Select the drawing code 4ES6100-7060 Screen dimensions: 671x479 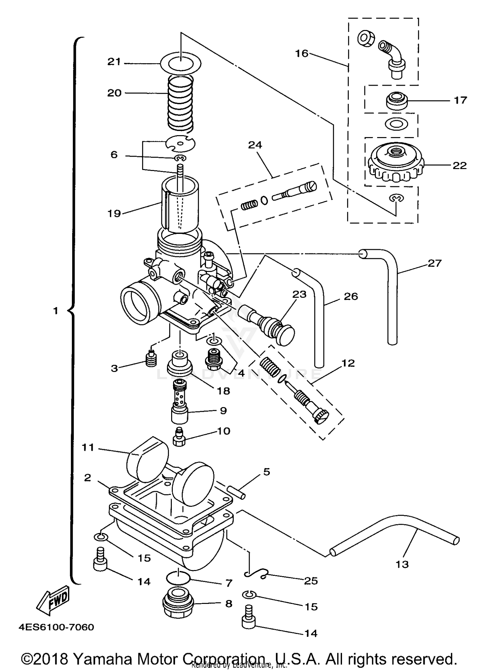(x=56, y=627)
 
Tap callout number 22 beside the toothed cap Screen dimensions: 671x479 (x=460, y=166)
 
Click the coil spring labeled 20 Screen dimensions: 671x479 (x=180, y=104)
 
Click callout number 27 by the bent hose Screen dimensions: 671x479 (x=434, y=263)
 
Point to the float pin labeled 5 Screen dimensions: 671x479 (x=238, y=492)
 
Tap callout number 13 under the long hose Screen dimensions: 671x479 (x=402, y=564)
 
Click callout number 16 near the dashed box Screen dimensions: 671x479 (x=301, y=53)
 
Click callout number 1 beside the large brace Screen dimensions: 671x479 (x=56, y=311)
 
